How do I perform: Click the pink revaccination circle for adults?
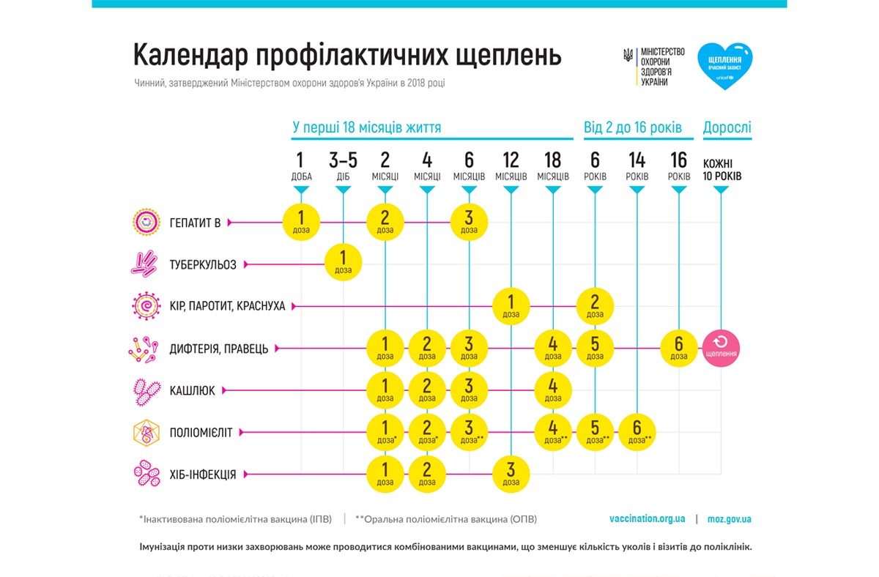click(722, 348)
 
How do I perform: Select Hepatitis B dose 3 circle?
click(469, 222)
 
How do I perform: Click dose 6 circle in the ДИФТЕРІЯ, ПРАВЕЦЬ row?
click(680, 348)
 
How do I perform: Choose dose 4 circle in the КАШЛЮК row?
click(553, 390)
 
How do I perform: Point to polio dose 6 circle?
click(637, 432)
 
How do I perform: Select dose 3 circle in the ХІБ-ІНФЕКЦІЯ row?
click(511, 474)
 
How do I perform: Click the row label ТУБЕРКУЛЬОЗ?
click(203, 264)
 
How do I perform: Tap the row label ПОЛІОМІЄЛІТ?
click(201, 433)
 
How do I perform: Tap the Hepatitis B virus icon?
click(146, 222)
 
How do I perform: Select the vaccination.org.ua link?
click(647, 519)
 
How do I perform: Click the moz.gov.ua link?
click(729, 519)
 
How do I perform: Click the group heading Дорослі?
click(727, 128)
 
